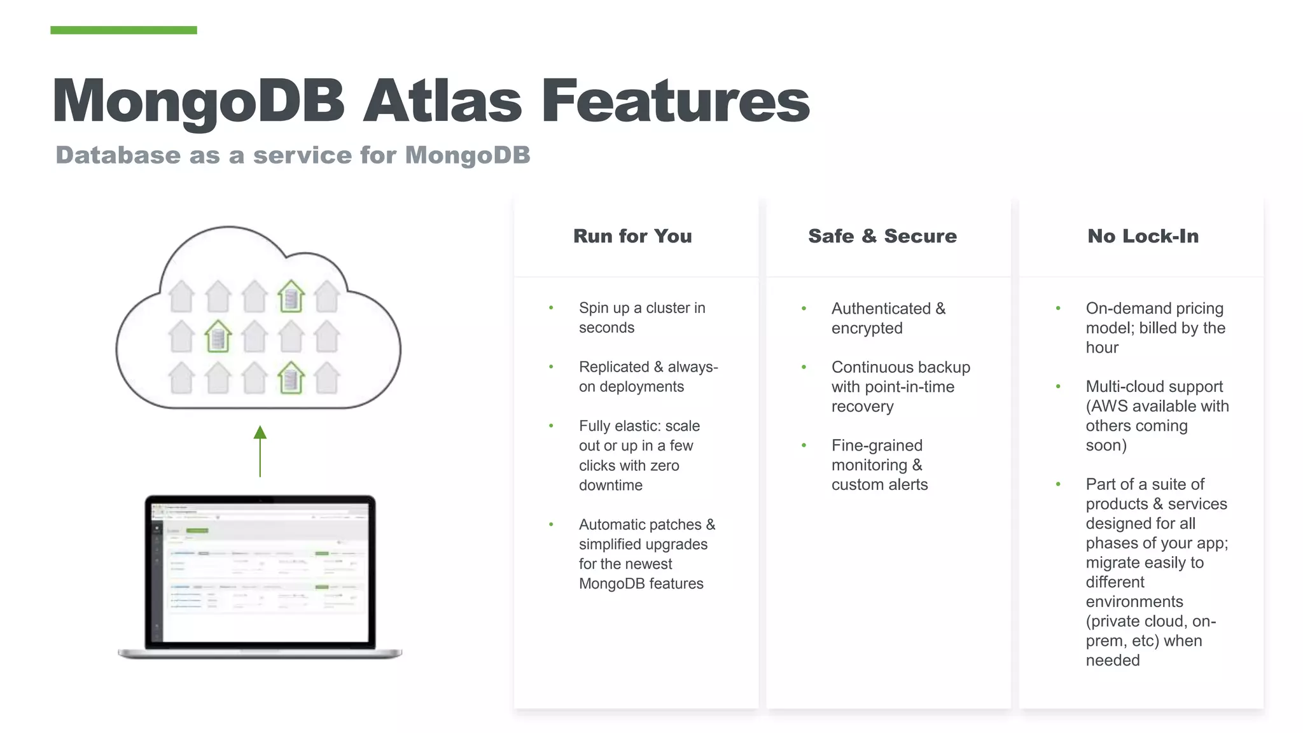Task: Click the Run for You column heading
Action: click(632, 236)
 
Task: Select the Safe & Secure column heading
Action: click(882, 236)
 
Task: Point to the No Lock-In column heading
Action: click(1143, 236)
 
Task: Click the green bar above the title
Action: click(123, 30)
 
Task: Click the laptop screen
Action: click(260, 571)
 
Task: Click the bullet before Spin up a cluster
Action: click(551, 308)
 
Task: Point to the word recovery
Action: click(862, 407)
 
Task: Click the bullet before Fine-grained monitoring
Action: click(804, 445)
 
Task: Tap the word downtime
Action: click(611, 485)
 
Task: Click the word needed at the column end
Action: click(1113, 660)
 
